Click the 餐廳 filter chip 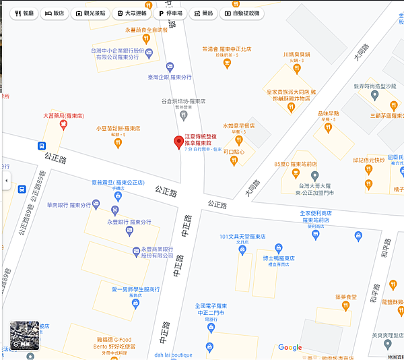click(24, 13)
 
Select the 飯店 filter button click(56, 13)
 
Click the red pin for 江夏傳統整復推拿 click(178, 142)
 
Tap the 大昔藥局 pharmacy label click(63, 116)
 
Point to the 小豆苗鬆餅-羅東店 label click(118, 128)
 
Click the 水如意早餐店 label click(238, 125)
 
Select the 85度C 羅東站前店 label click(295, 163)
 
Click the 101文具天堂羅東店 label click(242, 237)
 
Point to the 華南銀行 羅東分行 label click(69, 204)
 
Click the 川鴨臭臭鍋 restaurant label click(296, 55)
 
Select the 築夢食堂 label click(346, 297)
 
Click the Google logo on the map click(290, 348)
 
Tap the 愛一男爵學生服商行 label click(135, 289)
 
